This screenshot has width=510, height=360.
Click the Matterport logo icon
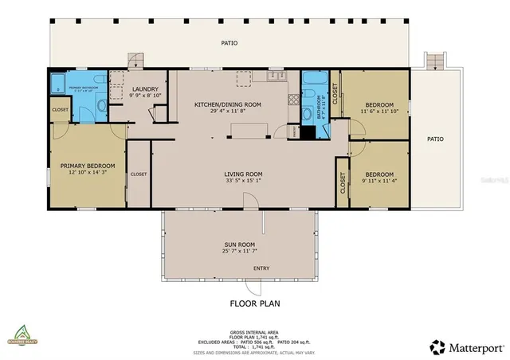point(437,346)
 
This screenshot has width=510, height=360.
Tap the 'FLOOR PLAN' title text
point(254,303)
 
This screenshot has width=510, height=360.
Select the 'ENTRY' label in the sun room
point(261,268)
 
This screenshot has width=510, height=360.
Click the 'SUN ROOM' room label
point(240,245)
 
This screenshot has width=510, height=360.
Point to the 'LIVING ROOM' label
point(243,174)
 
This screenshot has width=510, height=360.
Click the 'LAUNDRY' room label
point(145,89)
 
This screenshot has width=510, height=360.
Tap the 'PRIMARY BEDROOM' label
point(88,166)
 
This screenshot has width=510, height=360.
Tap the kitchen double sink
point(277,76)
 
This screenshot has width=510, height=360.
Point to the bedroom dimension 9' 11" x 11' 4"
point(379,181)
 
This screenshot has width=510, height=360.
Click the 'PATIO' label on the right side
point(435,139)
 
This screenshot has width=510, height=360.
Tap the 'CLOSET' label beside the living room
point(138,174)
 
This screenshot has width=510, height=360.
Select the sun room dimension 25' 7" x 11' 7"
point(240,252)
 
